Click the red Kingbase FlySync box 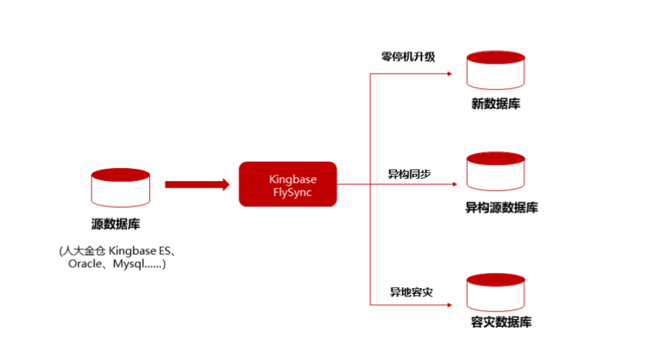coord(288,184)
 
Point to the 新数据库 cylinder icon coord(496,71)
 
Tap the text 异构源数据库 coord(501,208)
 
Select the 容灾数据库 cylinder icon coord(496,292)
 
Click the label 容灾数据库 coord(501,322)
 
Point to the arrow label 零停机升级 coord(408,56)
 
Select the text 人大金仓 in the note coord(84,250)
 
